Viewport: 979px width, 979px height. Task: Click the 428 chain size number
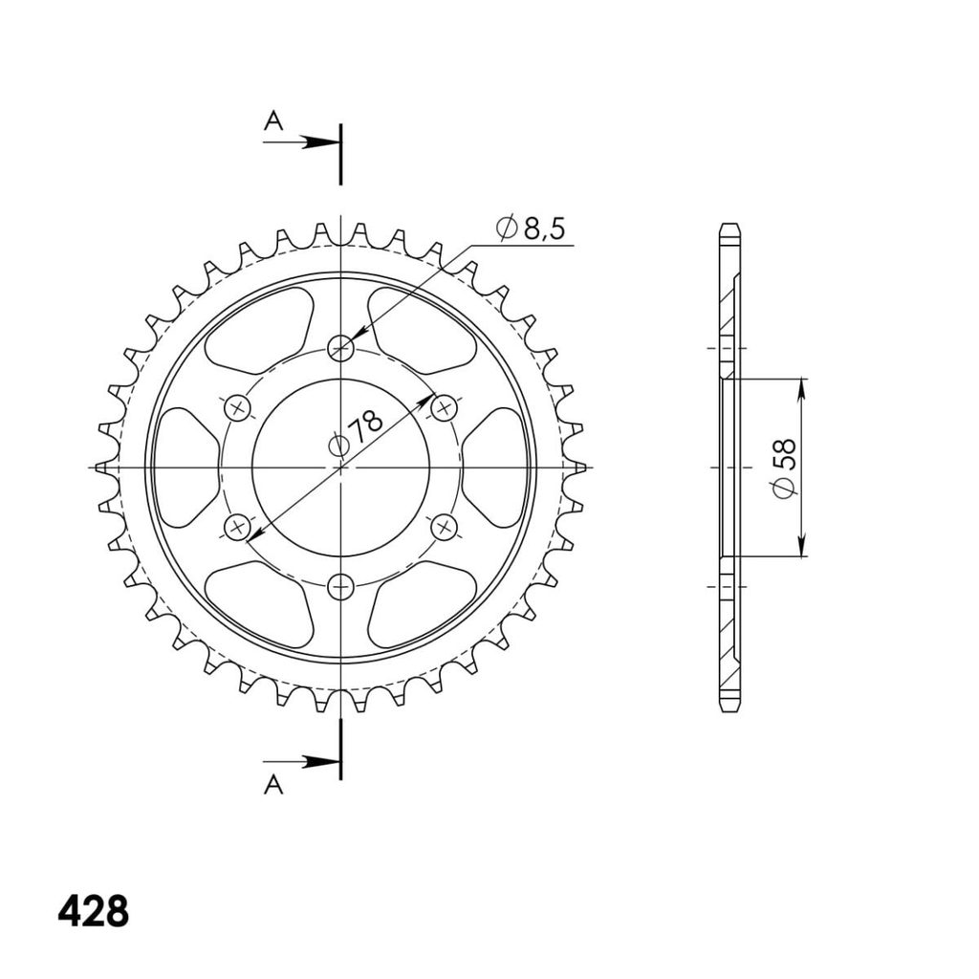coord(93,912)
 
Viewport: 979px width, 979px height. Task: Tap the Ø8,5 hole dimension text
coord(531,228)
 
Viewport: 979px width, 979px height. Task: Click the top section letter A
coord(273,120)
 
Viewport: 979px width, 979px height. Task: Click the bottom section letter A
coord(273,785)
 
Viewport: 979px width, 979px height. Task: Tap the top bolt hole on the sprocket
coord(341,347)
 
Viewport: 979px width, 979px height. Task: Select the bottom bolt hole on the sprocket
coord(341,587)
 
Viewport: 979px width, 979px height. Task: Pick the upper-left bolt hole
coord(237,408)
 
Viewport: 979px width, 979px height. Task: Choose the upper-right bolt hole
coord(445,408)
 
